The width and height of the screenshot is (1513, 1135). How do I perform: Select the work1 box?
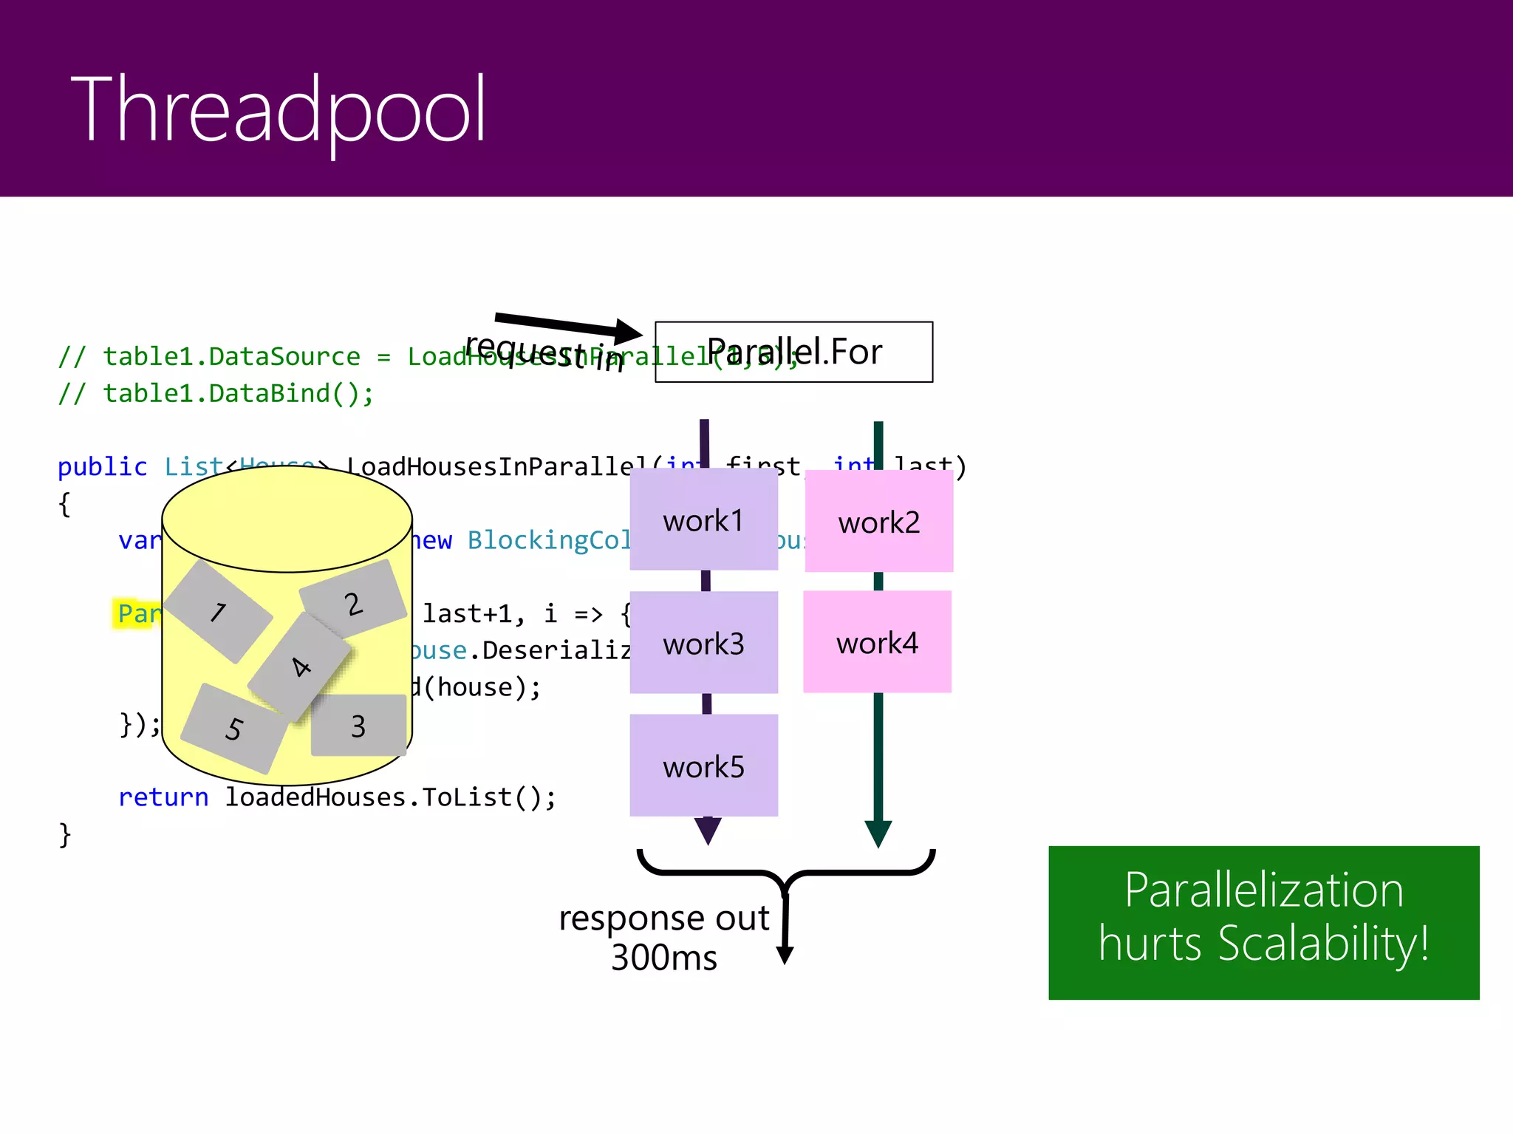coord(703,519)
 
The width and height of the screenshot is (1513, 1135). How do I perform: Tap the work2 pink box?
coord(878,522)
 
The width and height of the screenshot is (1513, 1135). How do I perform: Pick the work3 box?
coord(703,643)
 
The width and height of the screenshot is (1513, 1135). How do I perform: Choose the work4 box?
coord(877,642)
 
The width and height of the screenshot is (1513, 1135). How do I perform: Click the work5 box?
coord(703,766)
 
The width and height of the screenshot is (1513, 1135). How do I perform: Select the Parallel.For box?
coord(793,352)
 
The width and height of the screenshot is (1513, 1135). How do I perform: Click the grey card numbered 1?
coord(218,611)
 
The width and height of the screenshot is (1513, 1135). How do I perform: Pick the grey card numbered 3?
coord(358,726)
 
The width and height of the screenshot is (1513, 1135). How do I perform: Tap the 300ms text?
coord(663,958)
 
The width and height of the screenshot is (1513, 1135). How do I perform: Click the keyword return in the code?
coord(163,797)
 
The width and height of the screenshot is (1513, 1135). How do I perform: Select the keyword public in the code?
coord(102,467)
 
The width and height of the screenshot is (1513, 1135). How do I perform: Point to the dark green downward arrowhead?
coord(878,834)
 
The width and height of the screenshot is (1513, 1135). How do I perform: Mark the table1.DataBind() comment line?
coord(216,393)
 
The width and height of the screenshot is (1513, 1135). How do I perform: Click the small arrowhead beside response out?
coord(785,955)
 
